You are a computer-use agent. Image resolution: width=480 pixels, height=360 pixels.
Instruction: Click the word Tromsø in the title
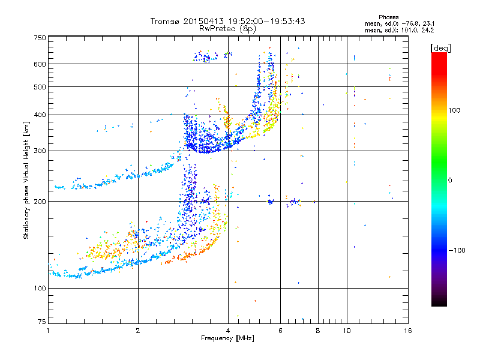(x=165, y=21)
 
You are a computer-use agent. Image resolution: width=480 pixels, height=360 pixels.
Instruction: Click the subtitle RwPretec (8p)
(x=227, y=29)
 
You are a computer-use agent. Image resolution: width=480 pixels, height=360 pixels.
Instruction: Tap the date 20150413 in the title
(x=204, y=21)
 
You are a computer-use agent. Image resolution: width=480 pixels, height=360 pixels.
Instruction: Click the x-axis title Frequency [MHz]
(x=227, y=338)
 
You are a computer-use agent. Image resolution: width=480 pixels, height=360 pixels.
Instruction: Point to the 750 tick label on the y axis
(x=40, y=38)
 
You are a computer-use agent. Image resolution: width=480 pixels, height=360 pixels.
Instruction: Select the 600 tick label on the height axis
(x=40, y=64)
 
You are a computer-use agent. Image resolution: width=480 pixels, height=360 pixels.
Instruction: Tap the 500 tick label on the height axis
(x=40, y=87)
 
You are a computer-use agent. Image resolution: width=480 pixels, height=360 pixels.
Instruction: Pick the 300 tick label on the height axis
(x=40, y=151)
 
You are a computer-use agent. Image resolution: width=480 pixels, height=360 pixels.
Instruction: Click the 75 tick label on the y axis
(x=42, y=322)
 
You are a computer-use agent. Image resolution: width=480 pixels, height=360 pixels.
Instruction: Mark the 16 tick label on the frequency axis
(x=408, y=331)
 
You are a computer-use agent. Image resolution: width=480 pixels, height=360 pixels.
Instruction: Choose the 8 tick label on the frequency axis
(x=318, y=331)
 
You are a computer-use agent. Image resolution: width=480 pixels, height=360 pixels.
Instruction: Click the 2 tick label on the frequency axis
(x=138, y=331)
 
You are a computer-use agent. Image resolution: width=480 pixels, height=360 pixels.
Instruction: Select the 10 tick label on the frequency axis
(x=347, y=331)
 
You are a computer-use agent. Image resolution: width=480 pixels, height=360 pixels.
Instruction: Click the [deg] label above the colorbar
(x=441, y=49)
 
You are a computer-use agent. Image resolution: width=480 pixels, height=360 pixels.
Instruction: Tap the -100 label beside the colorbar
(x=457, y=250)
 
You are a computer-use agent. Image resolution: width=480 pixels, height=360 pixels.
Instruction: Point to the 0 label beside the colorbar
(x=450, y=181)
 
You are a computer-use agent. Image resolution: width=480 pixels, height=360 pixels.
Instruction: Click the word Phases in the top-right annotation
(x=389, y=17)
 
